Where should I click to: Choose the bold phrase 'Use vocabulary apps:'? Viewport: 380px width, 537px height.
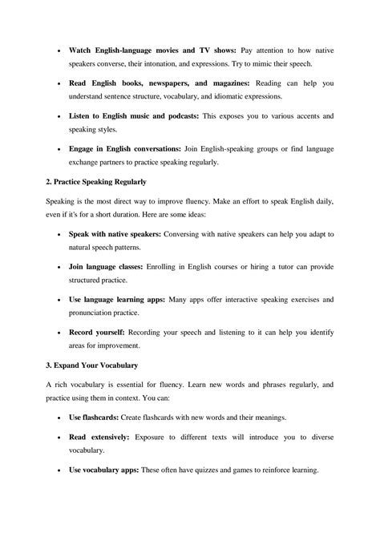[110, 470]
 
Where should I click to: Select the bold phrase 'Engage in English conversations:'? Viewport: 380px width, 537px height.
[131, 149]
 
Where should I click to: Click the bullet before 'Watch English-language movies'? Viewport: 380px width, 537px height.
[61, 50]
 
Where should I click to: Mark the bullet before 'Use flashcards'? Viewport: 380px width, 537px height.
[61, 418]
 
